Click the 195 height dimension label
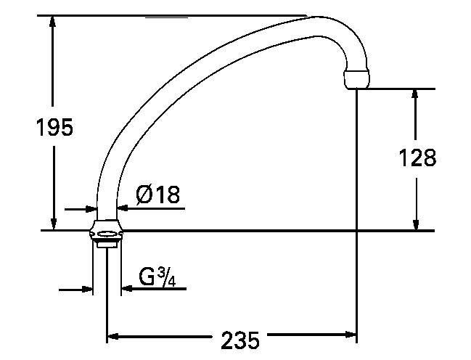click(54, 127)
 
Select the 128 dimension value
click(417, 157)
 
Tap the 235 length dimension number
click(240, 340)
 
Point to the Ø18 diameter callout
click(157, 195)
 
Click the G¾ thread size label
click(157, 277)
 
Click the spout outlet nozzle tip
click(356, 79)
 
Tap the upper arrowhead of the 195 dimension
click(53, 21)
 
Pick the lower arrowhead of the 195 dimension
click(54, 224)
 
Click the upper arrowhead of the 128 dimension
click(415, 95)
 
